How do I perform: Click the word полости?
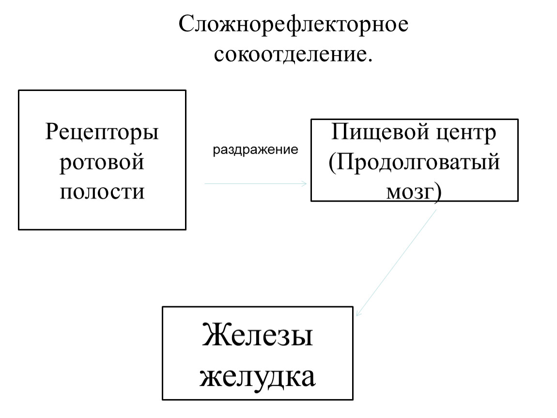(x=102, y=192)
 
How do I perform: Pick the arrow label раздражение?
(x=255, y=150)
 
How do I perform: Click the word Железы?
(x=258, y=334)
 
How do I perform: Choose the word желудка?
(x=258, y=377)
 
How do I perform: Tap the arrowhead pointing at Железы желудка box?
(x=357, y=313)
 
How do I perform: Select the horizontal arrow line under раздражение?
(x=256, y=183)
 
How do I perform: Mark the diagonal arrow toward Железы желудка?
(x=396, y=263)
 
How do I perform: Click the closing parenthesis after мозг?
(x=438, y=193)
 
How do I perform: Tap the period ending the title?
(x=370, y=61)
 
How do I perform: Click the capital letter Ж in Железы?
(x=213, y=334)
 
